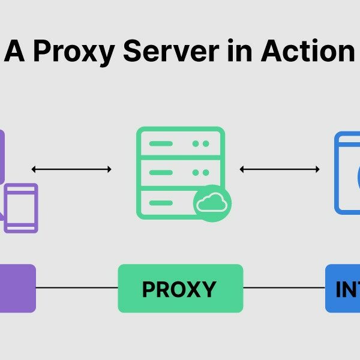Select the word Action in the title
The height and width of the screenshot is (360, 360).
tap(308, 52)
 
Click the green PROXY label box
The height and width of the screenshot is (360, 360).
tap(180, 289)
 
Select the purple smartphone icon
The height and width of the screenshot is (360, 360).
tap(21, 208)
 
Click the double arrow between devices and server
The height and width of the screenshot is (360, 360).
tap(71, 169)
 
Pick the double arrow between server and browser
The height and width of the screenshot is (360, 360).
tap(280, 169)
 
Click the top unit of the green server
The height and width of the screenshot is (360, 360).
tap(180, 144)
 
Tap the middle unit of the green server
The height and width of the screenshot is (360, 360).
tap(180, 172)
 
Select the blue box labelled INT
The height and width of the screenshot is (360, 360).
tap(343, 289)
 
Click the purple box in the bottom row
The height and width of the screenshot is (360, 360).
tap(17, 289)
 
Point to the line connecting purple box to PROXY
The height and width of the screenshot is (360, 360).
tap(77, 288)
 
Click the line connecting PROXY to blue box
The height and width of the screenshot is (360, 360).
tap(284, 288)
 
